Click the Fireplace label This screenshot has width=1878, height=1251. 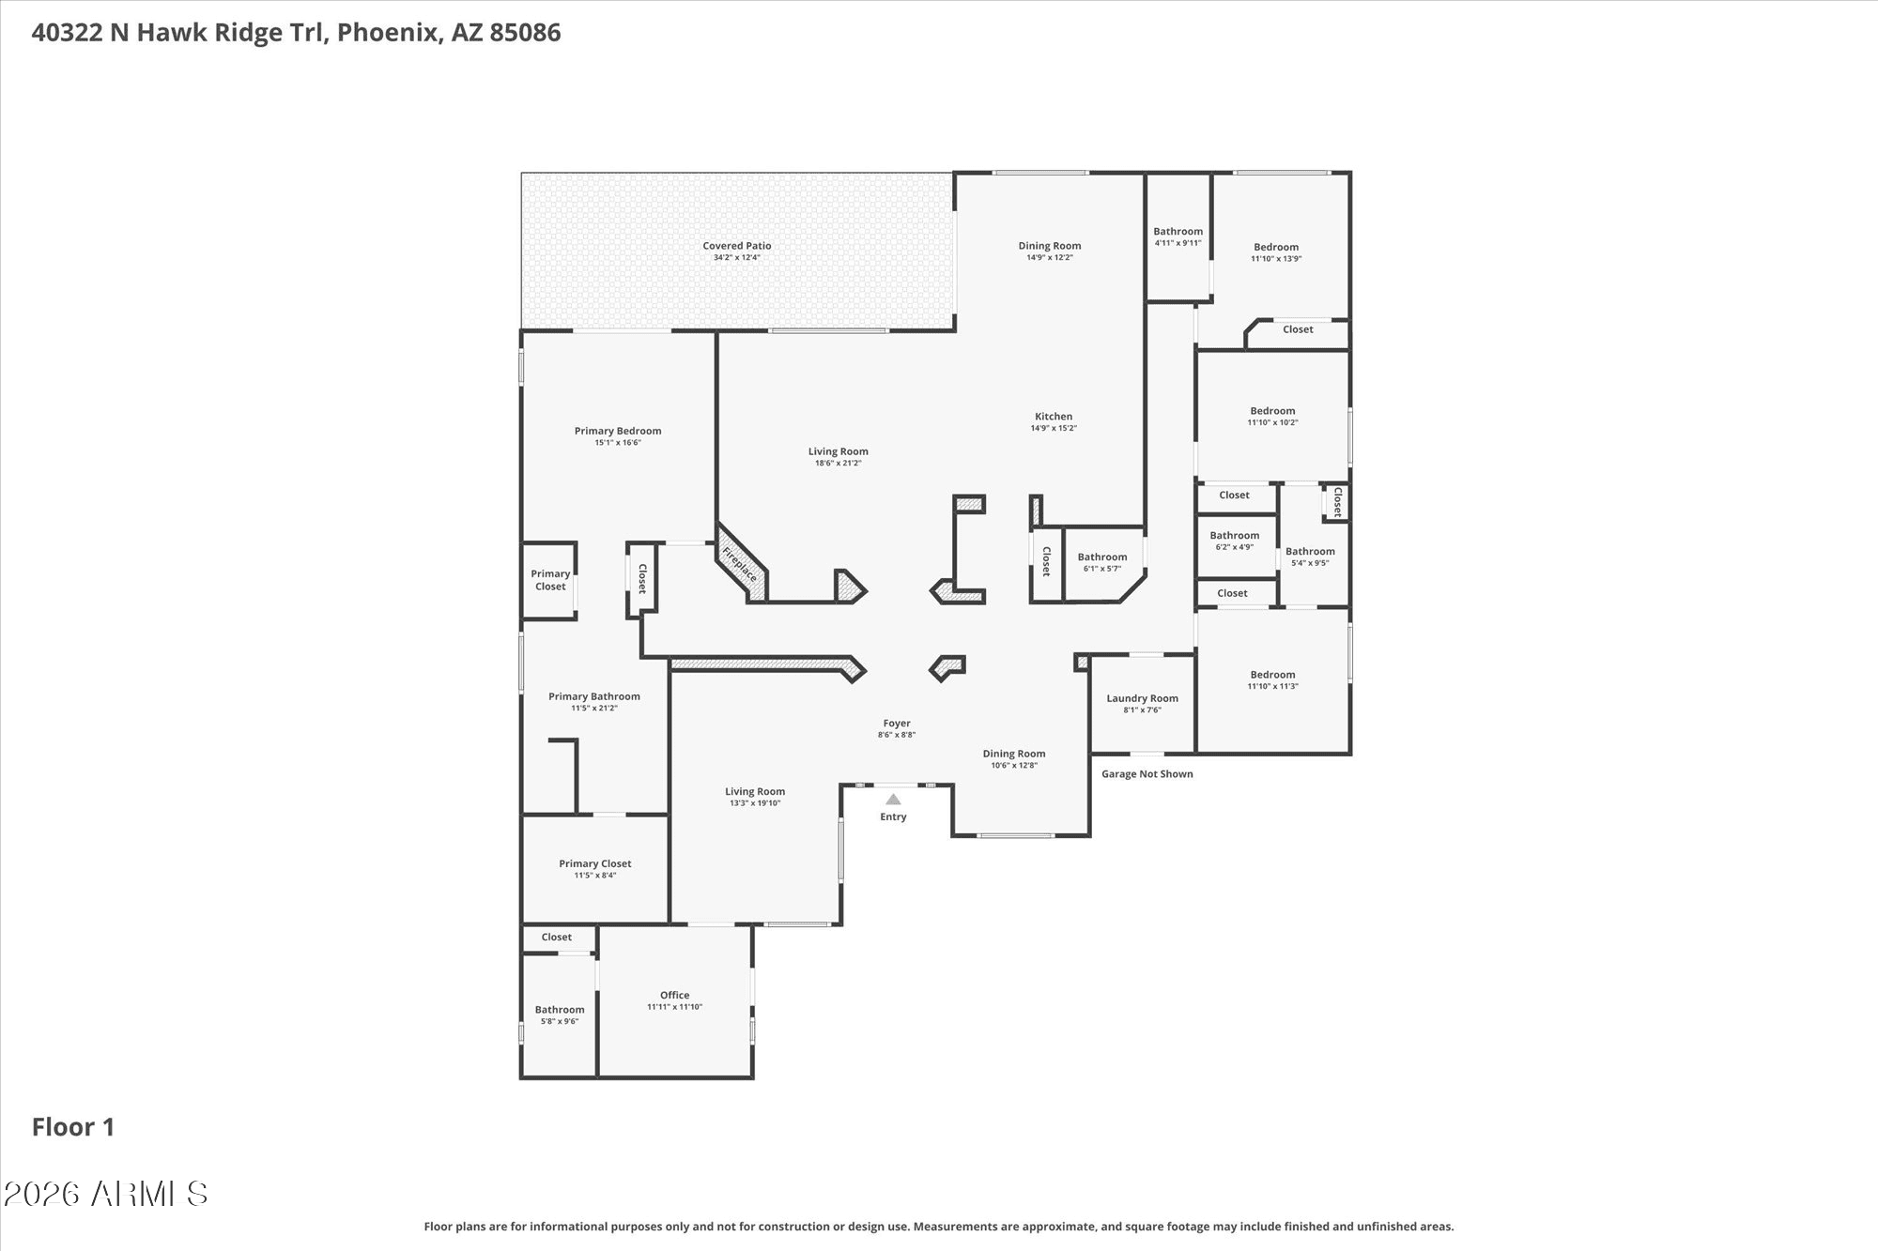(x=739, y=563)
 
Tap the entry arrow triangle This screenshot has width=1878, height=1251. (x=893, y=800)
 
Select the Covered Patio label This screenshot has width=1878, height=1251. (x=737, y=246)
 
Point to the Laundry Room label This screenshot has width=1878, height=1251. (x=1142, y=698)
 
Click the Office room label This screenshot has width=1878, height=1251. (x=674, y=995)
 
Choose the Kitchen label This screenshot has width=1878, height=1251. (x=1054, y=416)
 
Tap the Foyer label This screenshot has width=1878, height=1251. (x=897, y=724)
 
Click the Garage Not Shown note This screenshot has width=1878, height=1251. (x=1147, y=774)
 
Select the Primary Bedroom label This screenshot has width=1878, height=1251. (x=618, y=431)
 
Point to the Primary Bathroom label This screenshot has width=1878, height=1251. (x=594, y=696)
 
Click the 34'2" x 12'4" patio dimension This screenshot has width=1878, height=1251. (x=737, y=257)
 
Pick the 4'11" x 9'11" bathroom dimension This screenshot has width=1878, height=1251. (x=1178, y=243)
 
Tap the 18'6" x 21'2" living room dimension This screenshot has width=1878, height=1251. (x=839, y=463)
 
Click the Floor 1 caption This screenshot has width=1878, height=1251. (x=73, y=1127)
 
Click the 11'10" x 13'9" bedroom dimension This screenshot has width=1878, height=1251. (x=1276, y=259)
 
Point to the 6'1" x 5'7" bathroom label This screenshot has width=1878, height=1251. (x=1102, y=562)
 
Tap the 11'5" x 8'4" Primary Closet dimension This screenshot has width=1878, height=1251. (x=595, y=876)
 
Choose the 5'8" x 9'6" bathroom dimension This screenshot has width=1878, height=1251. (x=560, y=1021)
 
